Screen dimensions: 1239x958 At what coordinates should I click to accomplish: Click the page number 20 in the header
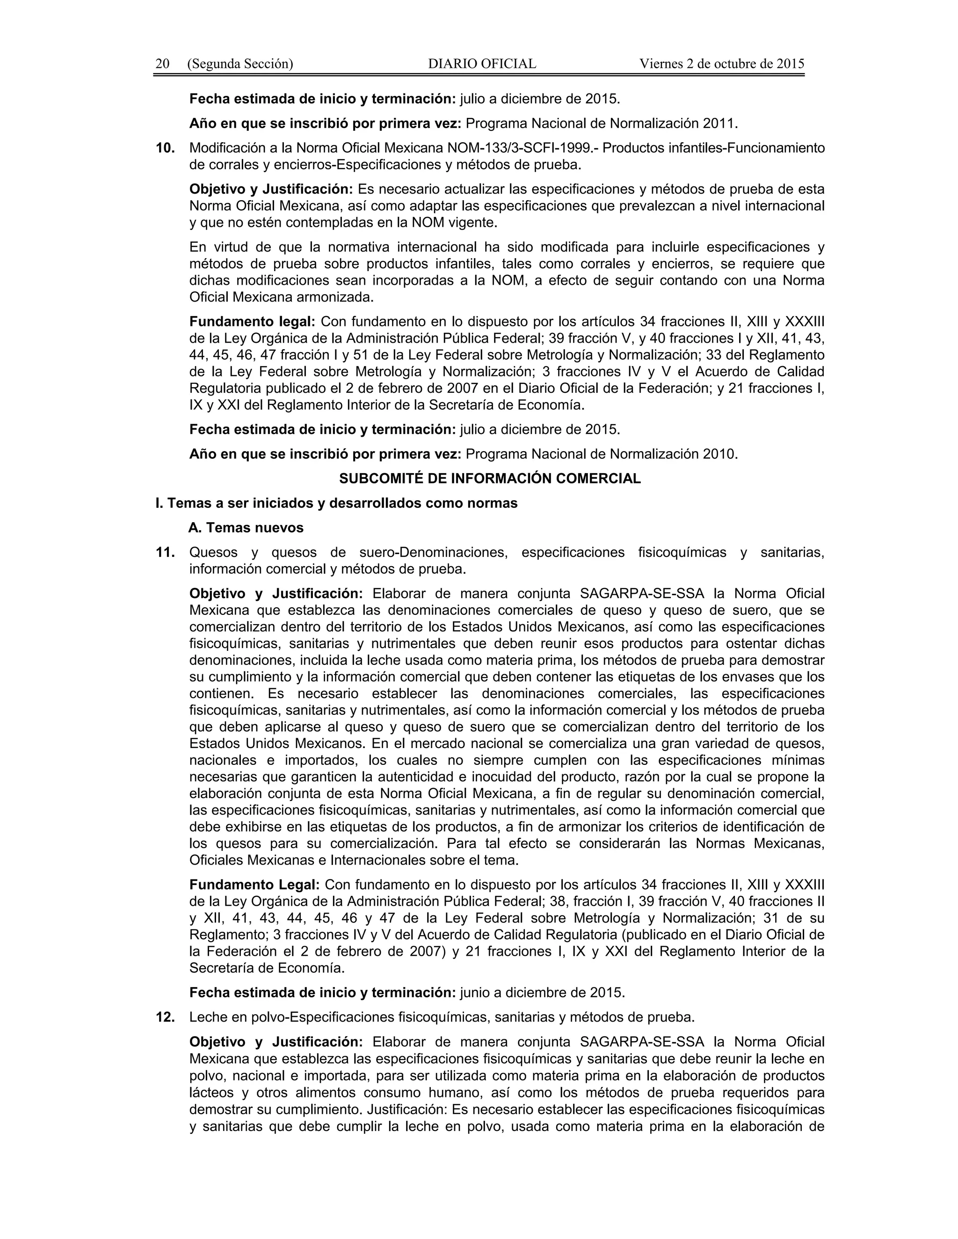pyautogui.click(x=162, y=64)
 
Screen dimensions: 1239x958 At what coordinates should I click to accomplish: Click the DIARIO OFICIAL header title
pyautogui.click(x=482, y=64)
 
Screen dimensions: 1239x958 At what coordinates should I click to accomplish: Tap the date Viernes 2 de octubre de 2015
pyautogui.click(x=722, y=64)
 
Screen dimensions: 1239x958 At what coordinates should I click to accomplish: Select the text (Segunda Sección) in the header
pyautogui.click(x=240, y=64)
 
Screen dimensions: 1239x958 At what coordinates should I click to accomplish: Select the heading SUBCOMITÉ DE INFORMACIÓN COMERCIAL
pyautogui.click(x=490, y=479)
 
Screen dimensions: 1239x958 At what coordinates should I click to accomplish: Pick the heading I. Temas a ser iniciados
pyautogui.click(x=336, y=503)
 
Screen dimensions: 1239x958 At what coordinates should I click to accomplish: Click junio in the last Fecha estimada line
pyautogui.click(x=474, y=992)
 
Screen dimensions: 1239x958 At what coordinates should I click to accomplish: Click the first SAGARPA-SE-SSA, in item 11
pyautogui.click(x=642, y=593)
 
